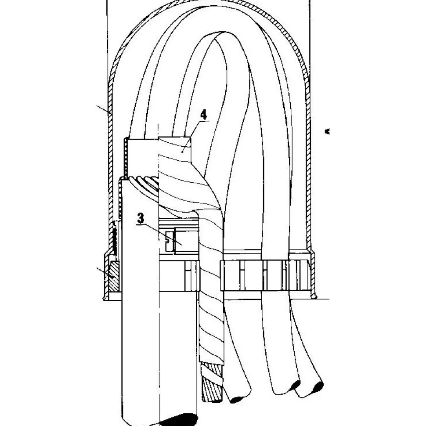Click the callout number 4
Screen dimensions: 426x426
click(x=203, y=115)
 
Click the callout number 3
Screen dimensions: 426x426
click(x=141, y=218)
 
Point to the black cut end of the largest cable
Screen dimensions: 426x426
click(x=178, y=420)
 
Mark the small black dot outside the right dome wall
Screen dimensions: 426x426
click(x=327, y=131)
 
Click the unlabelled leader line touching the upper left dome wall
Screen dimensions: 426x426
click(x=104, y=108)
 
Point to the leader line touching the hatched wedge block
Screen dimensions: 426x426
click(x=105, y=272)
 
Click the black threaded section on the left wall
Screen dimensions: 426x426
click(x=115, y=238)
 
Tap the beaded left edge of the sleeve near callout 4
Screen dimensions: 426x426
click(x=126, y=157)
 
